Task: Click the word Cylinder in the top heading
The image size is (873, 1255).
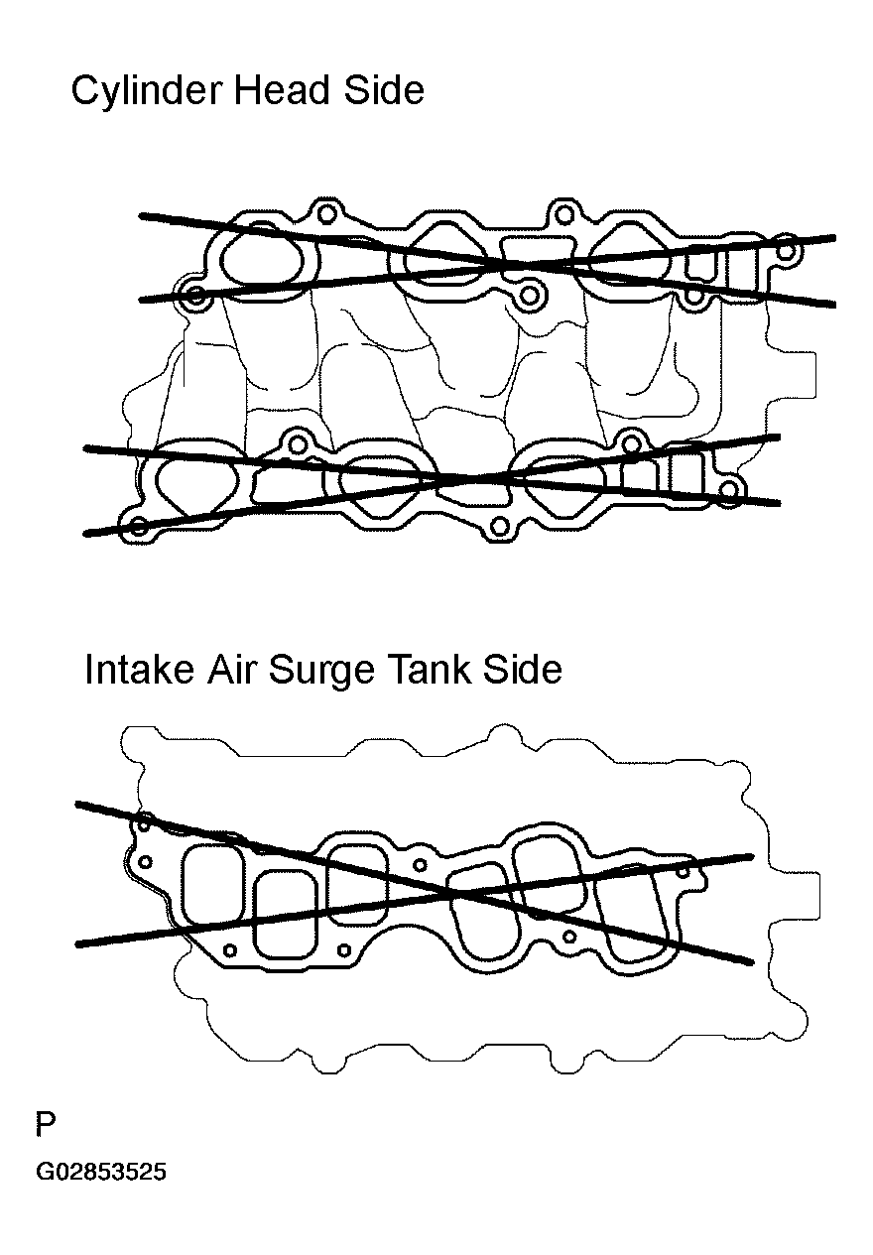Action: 146,92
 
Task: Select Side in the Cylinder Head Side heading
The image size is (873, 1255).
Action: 384,90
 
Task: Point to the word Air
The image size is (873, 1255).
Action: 230,669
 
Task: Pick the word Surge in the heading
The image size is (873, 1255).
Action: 321,672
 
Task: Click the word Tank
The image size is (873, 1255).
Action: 430,669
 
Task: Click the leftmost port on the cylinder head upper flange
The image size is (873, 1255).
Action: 261,259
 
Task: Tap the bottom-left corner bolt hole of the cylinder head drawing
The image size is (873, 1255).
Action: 139,526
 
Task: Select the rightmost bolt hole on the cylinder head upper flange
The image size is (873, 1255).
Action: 787,250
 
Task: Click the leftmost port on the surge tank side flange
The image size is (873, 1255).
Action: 212,885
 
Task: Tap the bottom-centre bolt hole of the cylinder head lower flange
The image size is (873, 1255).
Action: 499,527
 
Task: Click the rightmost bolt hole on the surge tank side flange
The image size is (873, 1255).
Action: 682,872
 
